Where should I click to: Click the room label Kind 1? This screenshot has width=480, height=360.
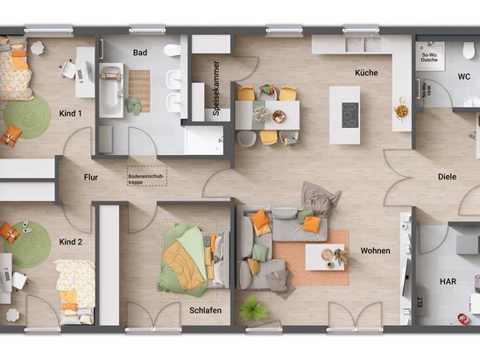click(x=70, y=114)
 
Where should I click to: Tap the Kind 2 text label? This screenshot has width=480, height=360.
click(x=70, y=241)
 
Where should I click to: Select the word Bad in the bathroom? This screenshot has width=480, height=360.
click(x=140, y=53)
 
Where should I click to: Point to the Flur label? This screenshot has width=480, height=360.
click(x=91, y=175)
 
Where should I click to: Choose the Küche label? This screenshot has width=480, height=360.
click(x=366, y=73)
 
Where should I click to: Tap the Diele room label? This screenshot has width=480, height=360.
click(x=447, y=176)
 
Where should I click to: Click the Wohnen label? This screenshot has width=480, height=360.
click(x=374, y=251)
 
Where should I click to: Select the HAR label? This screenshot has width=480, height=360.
click(x=448, y=281)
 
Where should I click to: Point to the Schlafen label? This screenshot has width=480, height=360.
click(x=204, y=311)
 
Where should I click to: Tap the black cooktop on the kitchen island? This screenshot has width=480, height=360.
click(x=349, y=115)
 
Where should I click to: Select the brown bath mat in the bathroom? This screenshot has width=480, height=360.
click(x=139, y=90)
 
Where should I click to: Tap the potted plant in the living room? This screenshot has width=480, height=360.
click(x=254, y=308)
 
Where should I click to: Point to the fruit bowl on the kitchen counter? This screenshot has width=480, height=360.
click(x=401, y=111)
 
